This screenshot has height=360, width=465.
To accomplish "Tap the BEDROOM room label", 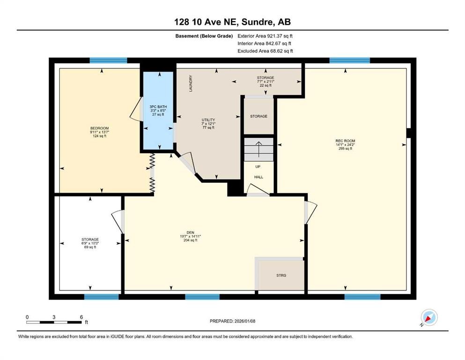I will click(100, 128).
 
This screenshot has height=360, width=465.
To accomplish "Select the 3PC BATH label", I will click(158, 107).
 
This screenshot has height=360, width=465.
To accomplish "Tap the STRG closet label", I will click(281, 275).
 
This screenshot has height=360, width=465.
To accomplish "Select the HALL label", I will click(258, 177).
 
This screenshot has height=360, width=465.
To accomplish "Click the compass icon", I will click(429, 317).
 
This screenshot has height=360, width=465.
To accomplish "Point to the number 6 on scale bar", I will click(81, 317).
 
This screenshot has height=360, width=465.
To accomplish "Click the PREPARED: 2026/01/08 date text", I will click(232, 321).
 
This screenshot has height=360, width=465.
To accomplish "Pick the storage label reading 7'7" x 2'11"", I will click(265, 82).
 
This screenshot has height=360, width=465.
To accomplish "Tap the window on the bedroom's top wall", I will click(108, 60).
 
